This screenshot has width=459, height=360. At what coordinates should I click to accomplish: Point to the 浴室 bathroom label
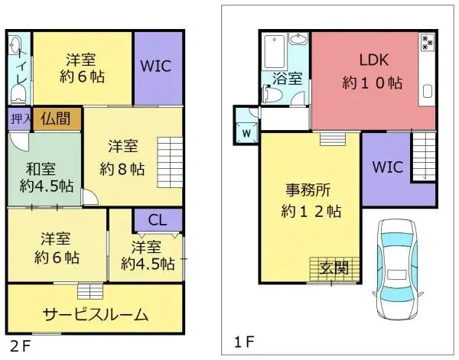point(287,78)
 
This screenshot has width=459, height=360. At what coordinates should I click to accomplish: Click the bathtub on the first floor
point(274,52)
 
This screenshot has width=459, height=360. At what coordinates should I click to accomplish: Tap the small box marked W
point(247,131)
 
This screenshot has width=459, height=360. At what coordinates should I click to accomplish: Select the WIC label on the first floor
point(386,167)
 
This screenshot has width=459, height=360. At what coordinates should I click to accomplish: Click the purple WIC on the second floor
point(158,66)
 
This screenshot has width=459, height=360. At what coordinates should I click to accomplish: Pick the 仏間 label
point(56,118)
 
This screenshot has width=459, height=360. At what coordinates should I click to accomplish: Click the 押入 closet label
point(18,118)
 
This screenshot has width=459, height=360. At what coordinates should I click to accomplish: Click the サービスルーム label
point(95,315)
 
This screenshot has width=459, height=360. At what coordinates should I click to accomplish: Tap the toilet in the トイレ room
point(19,91)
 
